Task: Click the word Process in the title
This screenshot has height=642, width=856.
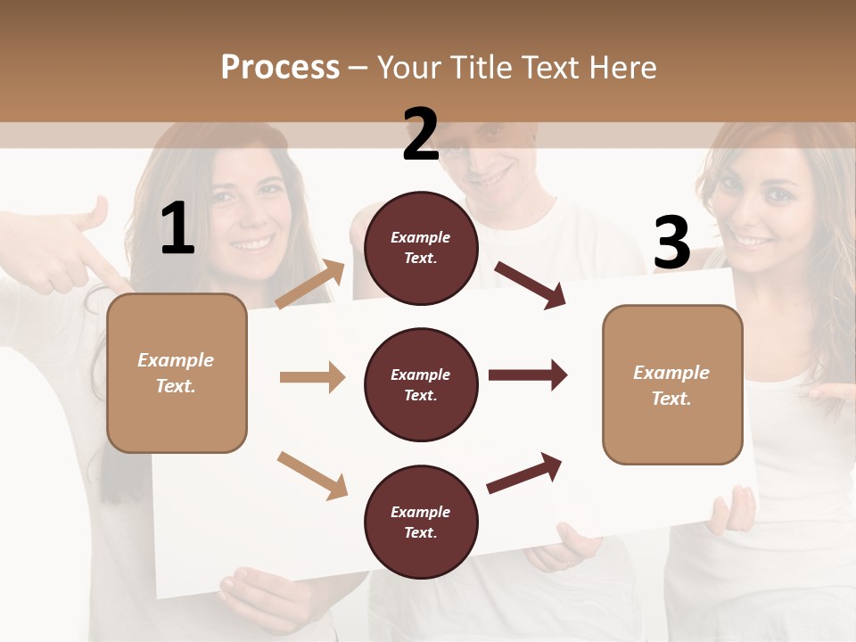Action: pyautogui.click(x=280, y=68)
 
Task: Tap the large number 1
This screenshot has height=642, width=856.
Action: pyautogui.click(x=177, y=229)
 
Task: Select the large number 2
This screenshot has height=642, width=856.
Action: pyautogui.click(x=421, y=136)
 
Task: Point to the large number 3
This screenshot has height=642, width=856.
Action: pyautogui.click(x=671, y=243)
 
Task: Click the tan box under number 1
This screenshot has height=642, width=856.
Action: pyautogui.click(x=177, y=373)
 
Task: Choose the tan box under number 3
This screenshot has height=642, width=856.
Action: pyautogui.click(x=671, y=384)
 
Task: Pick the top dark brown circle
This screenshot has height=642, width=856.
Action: pyautogui.click(x=421, y=248)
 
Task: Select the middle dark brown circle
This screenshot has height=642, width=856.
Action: pyautogui.click(x=421, y=384)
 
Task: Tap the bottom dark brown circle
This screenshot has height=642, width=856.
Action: pyautogui.click(x=421, y=522)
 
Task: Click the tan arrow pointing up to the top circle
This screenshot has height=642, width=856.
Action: pyautogui.click(x=311, y=284)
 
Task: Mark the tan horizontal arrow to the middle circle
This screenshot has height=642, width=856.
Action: pyautogui.click(x=312, y=377)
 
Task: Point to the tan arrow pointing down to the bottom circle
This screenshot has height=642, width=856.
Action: pyautogui.click(x=312, y=475)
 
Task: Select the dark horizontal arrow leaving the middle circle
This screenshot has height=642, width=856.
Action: pyautogui.click(x=527, y=374)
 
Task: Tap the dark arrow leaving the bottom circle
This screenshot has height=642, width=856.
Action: pyautogui.click(x=525, y=473)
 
